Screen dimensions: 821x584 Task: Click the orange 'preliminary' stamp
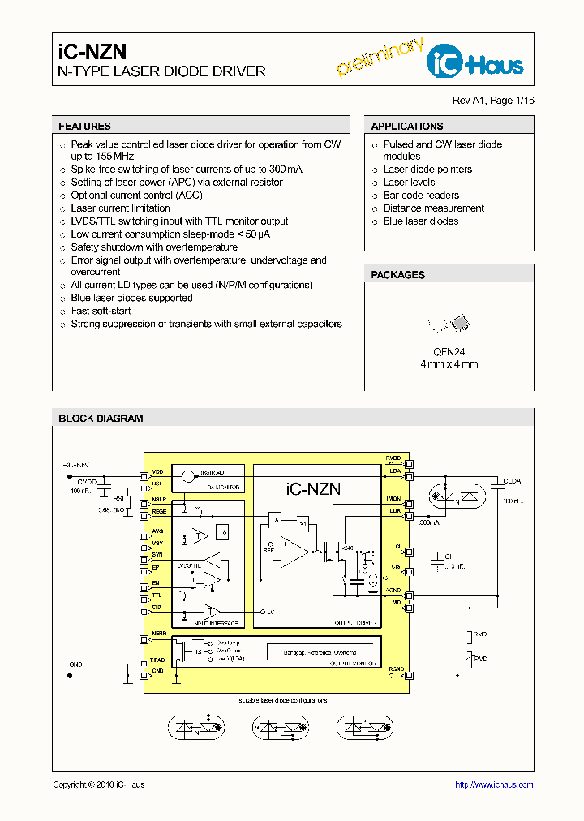379,58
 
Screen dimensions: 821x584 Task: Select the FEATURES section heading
84,127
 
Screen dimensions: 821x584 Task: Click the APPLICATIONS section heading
406,127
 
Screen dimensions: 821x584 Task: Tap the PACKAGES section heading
397,275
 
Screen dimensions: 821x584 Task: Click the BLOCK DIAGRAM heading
101,419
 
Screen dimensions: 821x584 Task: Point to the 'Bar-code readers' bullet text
420,196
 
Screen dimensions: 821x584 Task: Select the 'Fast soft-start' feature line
101,311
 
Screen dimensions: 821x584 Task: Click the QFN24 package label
449,351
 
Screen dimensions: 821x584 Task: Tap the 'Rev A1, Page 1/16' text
493,101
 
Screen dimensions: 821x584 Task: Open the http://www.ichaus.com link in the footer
493,784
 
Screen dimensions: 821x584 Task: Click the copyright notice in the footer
98,784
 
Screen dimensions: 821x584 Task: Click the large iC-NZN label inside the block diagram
313,488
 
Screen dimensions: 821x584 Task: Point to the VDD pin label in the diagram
157,471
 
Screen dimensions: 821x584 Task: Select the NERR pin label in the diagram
159,634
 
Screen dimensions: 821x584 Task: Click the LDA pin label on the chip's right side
395,471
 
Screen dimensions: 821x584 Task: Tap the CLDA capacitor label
513,481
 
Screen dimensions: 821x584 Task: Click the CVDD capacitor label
87,481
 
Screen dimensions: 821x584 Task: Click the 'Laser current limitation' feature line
120,208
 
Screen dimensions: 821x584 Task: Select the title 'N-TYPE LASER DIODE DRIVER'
161,71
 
